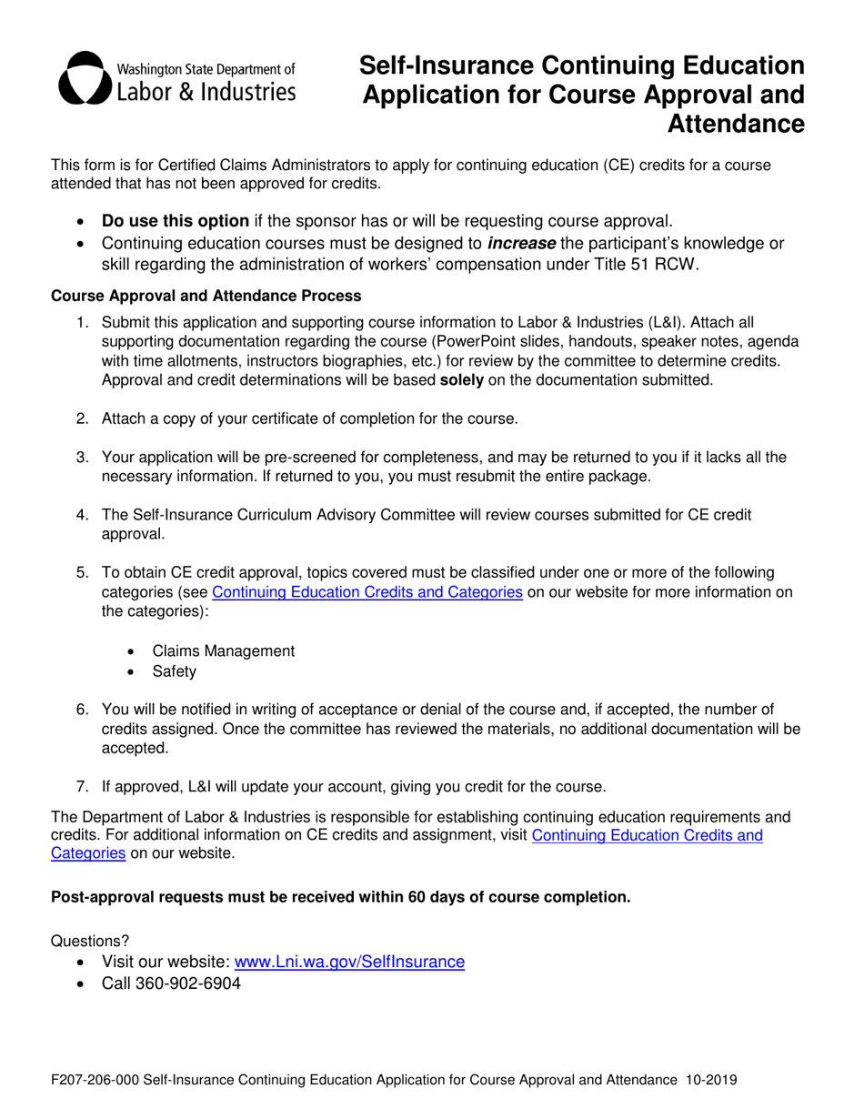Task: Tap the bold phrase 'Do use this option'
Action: (175, 220)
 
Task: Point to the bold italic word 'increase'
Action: (521, 243)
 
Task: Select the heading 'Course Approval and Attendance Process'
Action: (206, 296)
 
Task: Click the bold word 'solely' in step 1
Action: (461, 379)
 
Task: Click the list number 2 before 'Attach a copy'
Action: (82, 418)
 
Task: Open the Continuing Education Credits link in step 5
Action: (367, 594)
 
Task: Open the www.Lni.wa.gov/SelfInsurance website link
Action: (349, 962)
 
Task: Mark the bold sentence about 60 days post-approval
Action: (340, 897)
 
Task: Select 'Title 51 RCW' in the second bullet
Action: (651, 264)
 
